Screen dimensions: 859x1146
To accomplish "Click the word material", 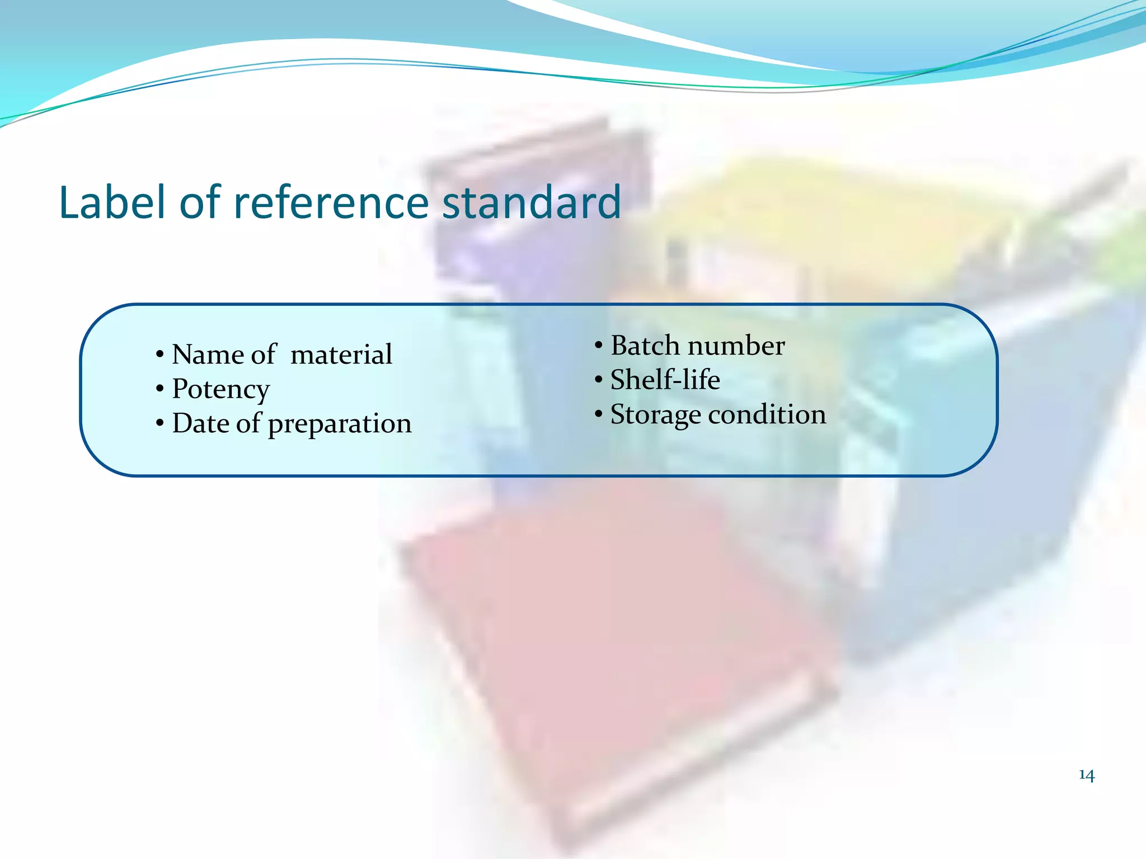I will [341, 355].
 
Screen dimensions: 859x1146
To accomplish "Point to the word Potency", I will [221, 390].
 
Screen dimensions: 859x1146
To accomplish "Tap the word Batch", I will [645, 346].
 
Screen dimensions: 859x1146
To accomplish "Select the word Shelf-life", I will [665, 380].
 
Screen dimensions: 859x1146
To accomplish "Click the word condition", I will [767, 414].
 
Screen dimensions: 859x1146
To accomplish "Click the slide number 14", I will [1086, 775].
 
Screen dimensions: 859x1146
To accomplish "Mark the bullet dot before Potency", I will [160, 389].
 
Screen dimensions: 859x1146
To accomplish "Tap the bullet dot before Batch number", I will [599, 346].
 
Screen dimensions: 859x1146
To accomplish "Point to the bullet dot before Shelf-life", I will [599, 380].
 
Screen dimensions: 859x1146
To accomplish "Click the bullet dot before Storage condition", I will [599, 414].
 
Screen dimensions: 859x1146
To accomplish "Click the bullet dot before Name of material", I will [160, 355].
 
